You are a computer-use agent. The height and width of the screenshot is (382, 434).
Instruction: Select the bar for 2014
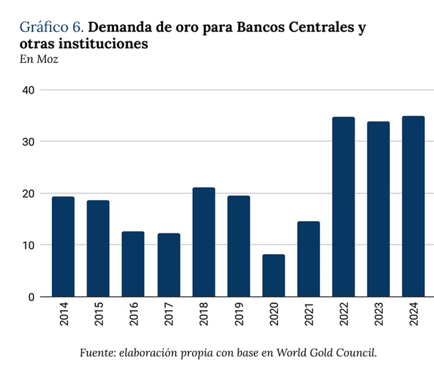coord(63,247)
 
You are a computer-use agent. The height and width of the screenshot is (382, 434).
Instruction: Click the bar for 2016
coord(133,264)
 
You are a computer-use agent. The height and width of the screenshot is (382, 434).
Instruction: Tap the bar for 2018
coord(203,242)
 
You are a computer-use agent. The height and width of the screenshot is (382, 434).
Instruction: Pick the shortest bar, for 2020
coord(273,276)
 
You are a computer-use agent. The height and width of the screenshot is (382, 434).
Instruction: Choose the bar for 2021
coord(309,259)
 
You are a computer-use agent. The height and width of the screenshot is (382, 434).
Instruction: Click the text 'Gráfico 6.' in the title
coord(52,27)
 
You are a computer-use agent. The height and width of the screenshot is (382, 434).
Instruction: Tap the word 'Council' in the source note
coord(358,353)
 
